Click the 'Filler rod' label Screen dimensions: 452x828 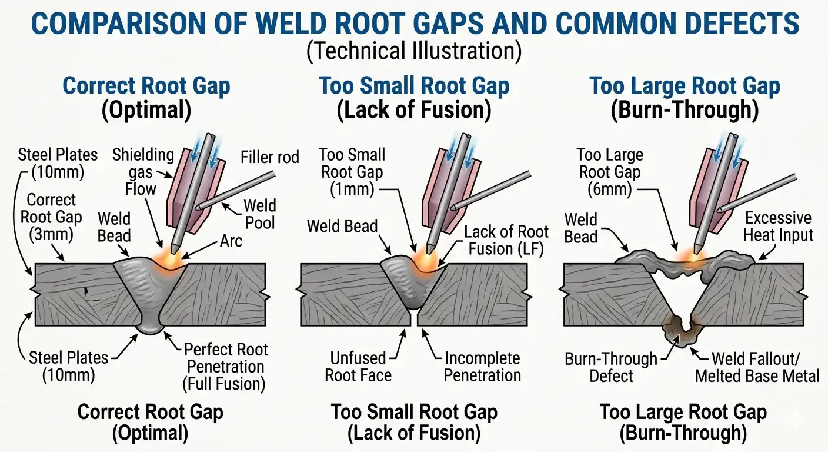tap(270, 157)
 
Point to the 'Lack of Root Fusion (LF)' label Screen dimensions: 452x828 tap(506, 240)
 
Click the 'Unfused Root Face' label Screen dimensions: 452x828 tap(358, 367)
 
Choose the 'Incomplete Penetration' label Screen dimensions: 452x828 tap(482, 367)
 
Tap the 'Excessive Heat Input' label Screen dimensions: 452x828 tap(778, 227)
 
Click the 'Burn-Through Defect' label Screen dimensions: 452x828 tap(611, 367)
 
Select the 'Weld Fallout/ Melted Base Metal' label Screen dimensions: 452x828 tap(757, 367)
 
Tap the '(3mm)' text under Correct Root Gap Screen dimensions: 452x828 tap(51, 234)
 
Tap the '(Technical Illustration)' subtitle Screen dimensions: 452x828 tap(414, 51)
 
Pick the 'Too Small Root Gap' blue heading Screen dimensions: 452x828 tap(414, 86)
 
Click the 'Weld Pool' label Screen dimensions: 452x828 tap(260, 214)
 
